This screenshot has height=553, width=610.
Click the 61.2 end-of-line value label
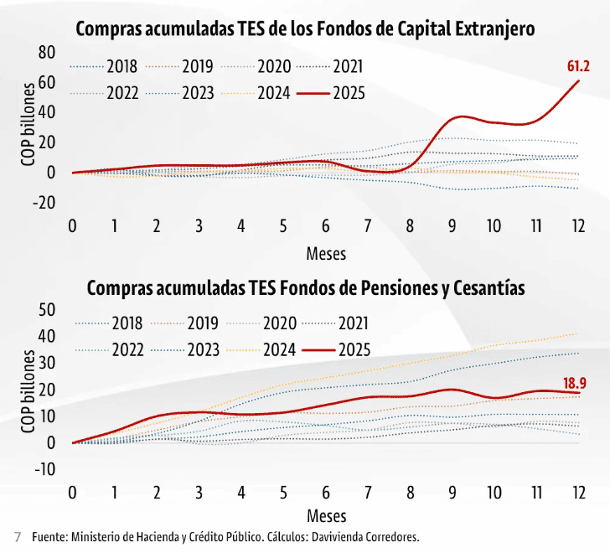(x=578, y=66)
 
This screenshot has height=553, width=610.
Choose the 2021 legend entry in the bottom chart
(x=353, y=323)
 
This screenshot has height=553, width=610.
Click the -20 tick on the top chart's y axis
(x=44, y=202)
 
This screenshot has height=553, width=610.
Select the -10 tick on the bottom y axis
(x=44, y=469)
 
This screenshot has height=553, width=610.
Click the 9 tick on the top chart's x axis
(x=452, y=226)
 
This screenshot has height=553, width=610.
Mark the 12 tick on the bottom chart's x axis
(x=578, y=492)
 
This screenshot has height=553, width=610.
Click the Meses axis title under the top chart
(x=326, y=253)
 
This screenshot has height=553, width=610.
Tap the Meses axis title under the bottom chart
(x=326, y=516)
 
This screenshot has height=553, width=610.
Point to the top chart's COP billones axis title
(x=28, y=124)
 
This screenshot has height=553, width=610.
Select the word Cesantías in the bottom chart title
(x=489, y=288)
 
